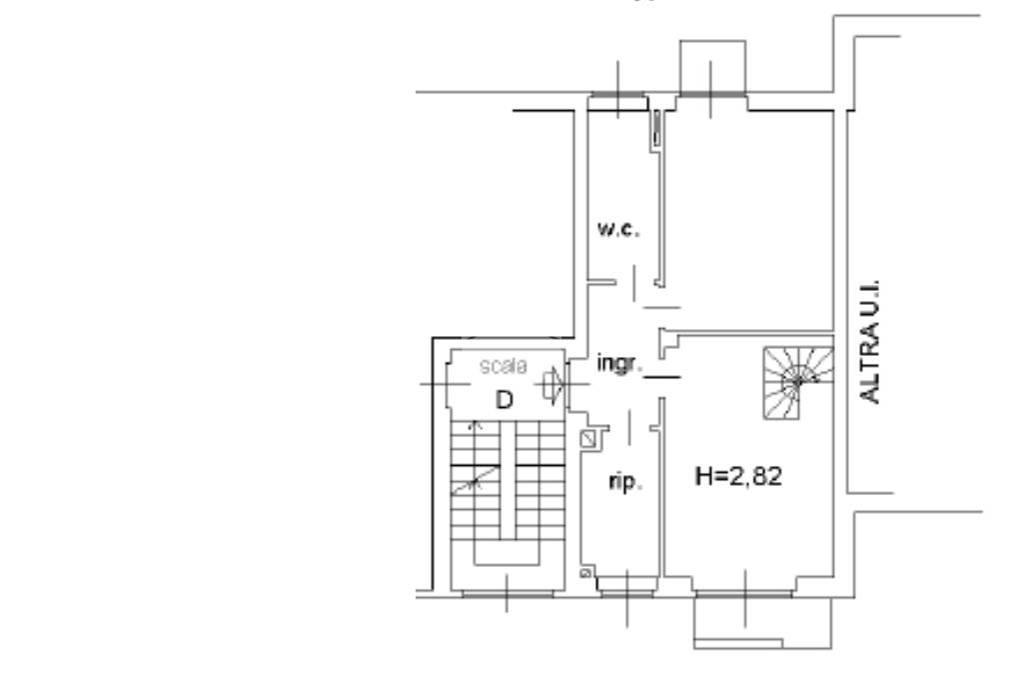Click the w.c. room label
(618, 229)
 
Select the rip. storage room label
(625, 482)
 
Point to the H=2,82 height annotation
(738, 476)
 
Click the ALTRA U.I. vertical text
(870, 342)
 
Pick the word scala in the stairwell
(504, 366)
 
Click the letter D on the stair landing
(505, 400)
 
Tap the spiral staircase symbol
(798, 383)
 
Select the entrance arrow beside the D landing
(551, 384)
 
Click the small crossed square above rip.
(588, 439)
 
